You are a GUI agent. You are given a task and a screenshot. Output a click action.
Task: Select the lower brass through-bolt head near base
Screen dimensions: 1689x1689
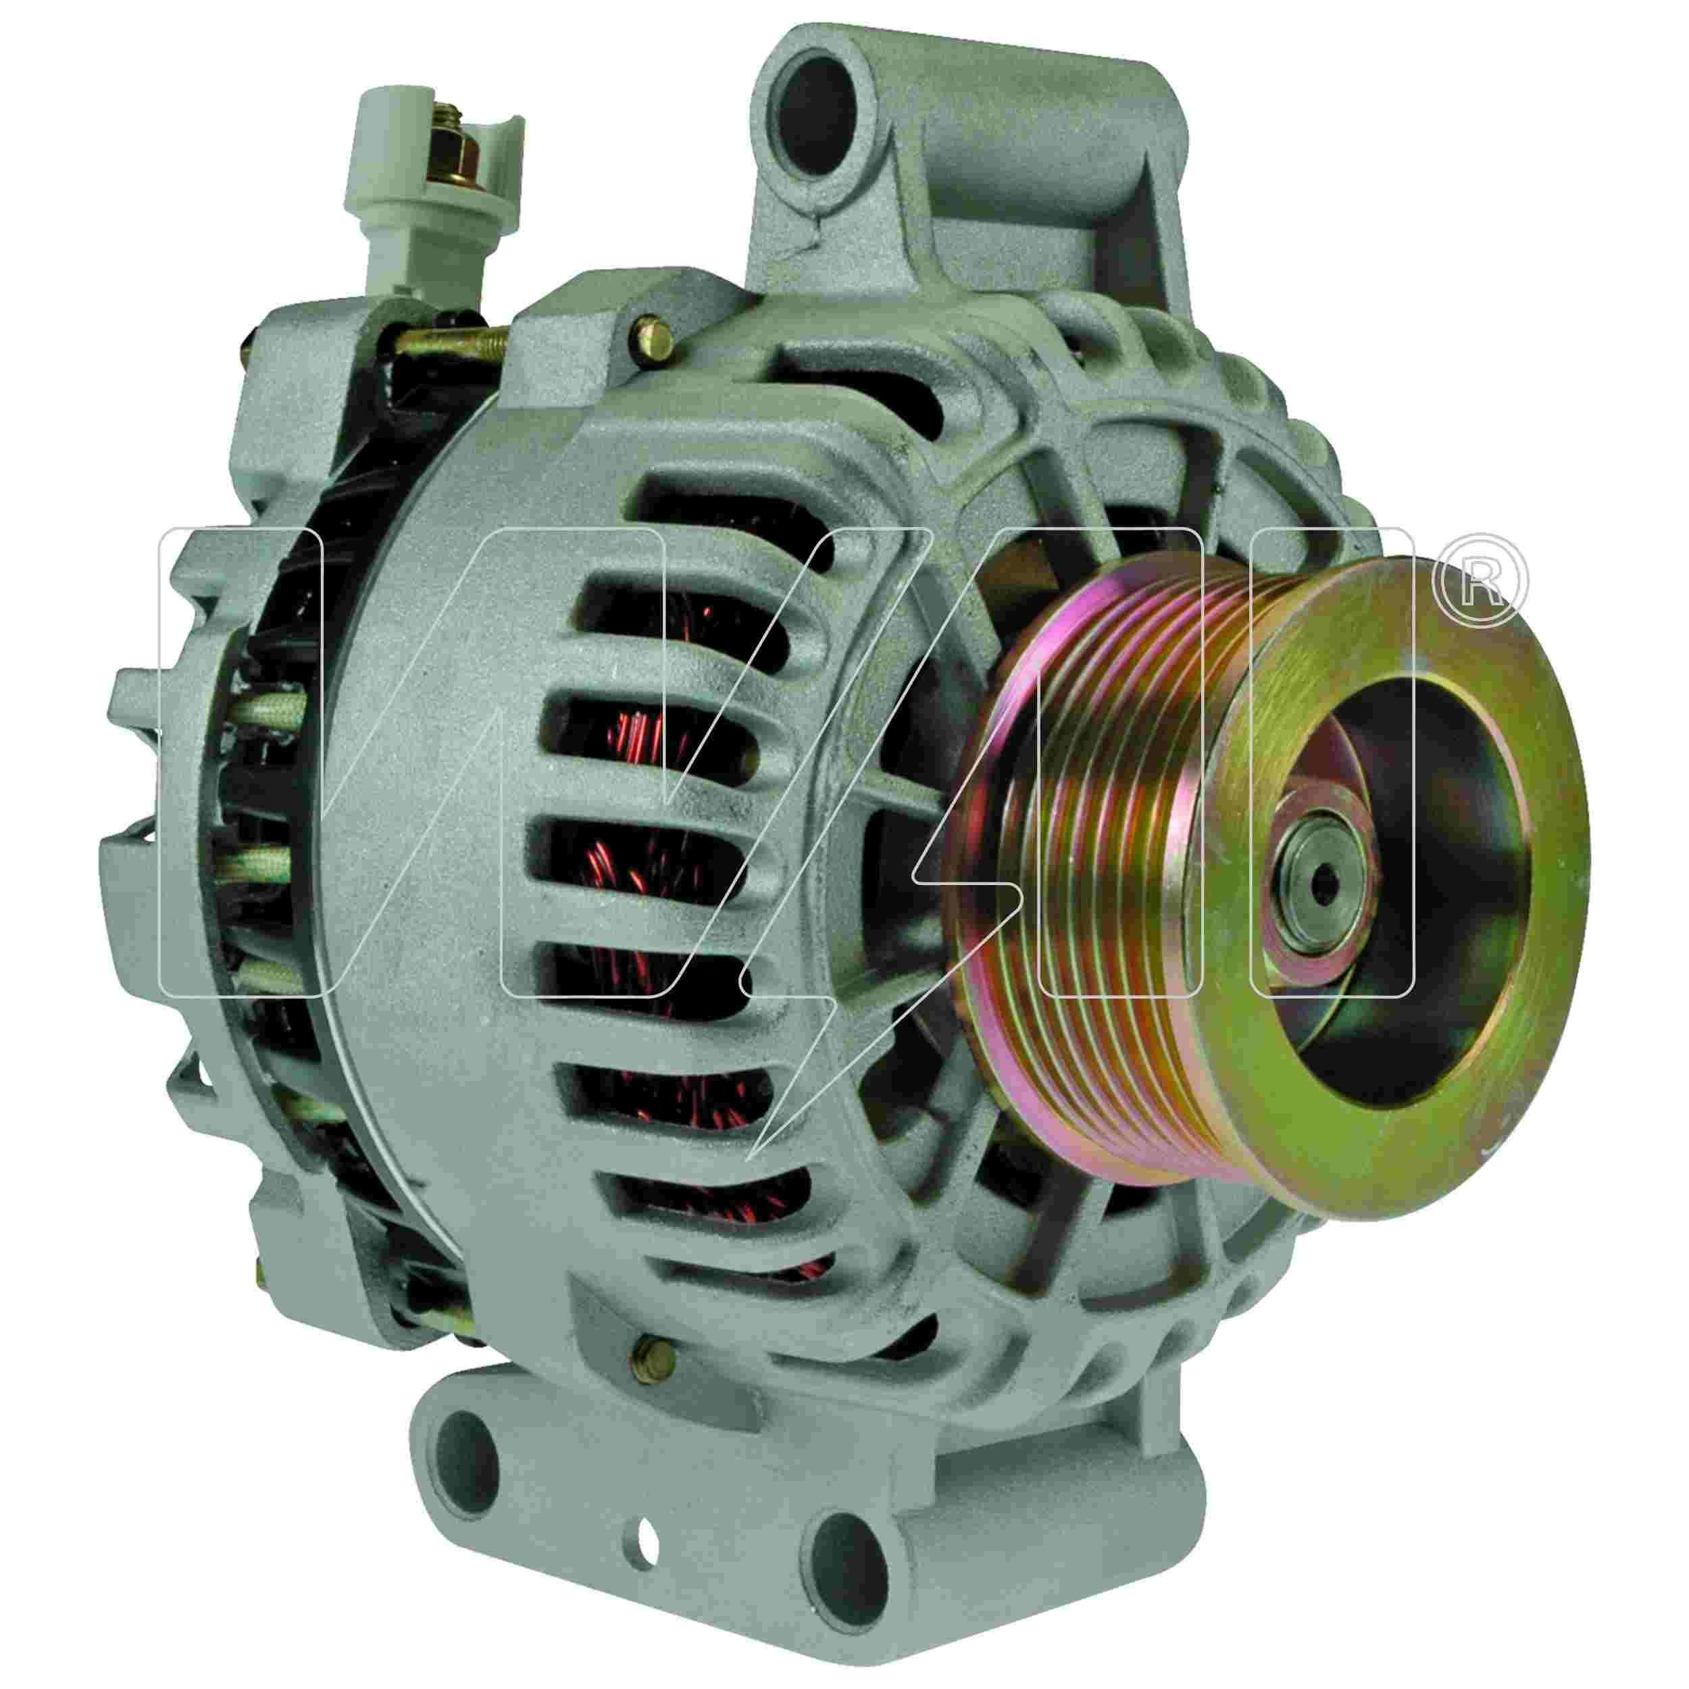[x=655, y=1388]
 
